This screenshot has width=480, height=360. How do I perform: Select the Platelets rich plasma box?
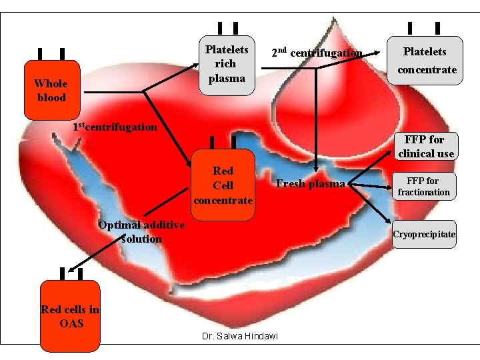pos(227,65)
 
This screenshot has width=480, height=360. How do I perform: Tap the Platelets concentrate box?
pos(425,61)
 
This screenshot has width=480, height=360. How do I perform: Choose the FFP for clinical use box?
pos(426,146)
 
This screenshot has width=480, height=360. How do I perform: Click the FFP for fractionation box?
pos(424,187)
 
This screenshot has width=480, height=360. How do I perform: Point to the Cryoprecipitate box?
pos(424,235)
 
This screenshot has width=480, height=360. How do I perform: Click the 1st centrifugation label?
pos(115,127)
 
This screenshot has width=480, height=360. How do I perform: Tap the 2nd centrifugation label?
pos(317,53)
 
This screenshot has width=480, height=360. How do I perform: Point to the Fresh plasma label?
pos(311,184)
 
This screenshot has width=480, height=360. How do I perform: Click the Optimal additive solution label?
pos(141,231)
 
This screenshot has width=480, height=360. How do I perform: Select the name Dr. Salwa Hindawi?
pos(239,336)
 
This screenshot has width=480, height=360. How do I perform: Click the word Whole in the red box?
pos(51,83)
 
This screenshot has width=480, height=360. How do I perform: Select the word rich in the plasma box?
pos(227,64)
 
